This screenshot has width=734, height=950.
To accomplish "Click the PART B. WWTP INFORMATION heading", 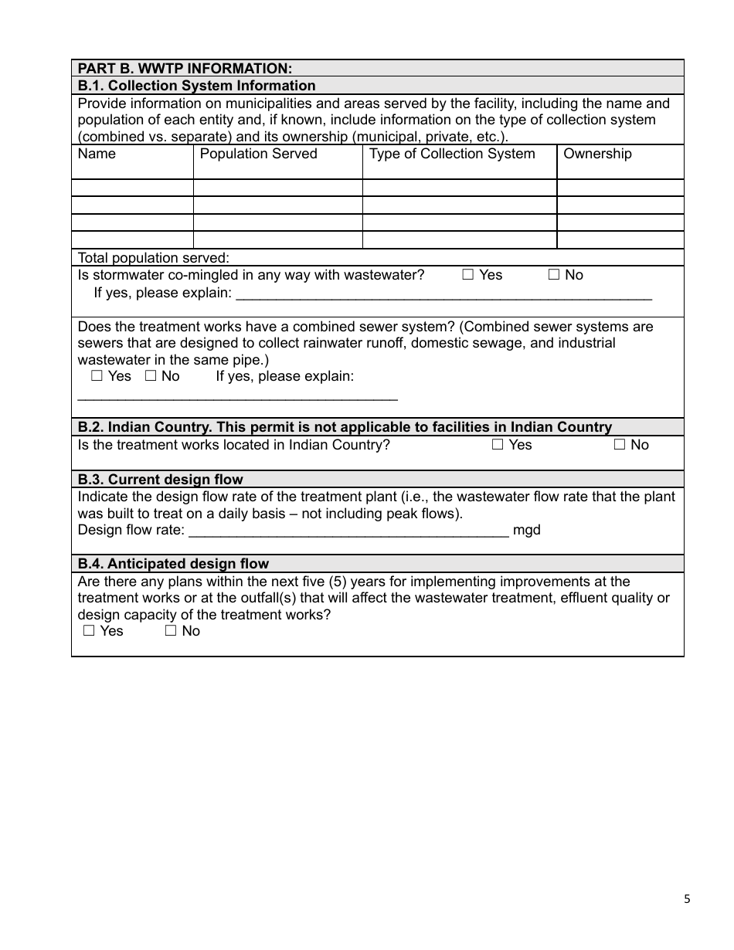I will click(185, 69).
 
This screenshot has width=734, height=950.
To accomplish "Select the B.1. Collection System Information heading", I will click(196, 86).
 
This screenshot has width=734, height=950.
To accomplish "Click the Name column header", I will click(97, 154).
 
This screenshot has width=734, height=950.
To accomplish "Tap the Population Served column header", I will click(258, 154).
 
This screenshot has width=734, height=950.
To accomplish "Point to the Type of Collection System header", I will click(452, 154).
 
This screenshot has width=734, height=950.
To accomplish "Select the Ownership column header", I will click(597, 154).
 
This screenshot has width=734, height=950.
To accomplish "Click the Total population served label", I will click(153, 258).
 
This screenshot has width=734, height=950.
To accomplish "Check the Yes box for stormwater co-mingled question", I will click(468, 275).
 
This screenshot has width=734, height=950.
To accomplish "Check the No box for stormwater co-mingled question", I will click(554, 275).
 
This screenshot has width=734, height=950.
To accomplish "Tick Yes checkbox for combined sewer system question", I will click(97, 376).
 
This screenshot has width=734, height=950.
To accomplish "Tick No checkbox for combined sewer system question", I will click(151, 376).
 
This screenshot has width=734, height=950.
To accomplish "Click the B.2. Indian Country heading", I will click(345, 427).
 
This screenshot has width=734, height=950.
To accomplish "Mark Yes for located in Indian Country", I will click(498, 445).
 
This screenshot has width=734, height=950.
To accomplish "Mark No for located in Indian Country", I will click(620, 445).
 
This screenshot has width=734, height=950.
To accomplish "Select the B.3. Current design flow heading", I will click(160, 480).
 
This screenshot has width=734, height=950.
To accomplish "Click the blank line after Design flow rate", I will click(348, 531).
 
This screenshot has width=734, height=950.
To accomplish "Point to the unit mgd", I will click(527, 531).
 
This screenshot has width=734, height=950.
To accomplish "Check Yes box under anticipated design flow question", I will click(89, 631).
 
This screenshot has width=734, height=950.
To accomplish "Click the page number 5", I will click(687, 899).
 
